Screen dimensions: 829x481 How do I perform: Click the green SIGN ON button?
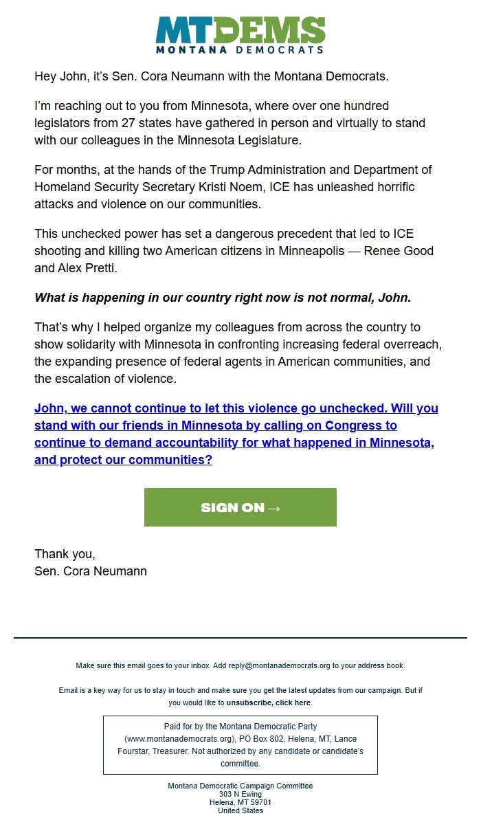[x=240, y=507]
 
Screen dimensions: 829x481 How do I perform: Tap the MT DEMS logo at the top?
[x=240, y=35]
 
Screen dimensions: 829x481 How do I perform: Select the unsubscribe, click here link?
[x=269, y=703]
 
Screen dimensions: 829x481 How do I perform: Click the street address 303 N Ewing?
[x=240, y=794]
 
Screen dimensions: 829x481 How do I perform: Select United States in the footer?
[x=240, y=810]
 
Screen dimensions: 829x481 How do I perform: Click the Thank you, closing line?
[x=65, y=553]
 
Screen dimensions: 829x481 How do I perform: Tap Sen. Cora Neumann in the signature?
[x=90, y=571]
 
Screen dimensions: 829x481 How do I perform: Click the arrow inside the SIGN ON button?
[x=273, y=508]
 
